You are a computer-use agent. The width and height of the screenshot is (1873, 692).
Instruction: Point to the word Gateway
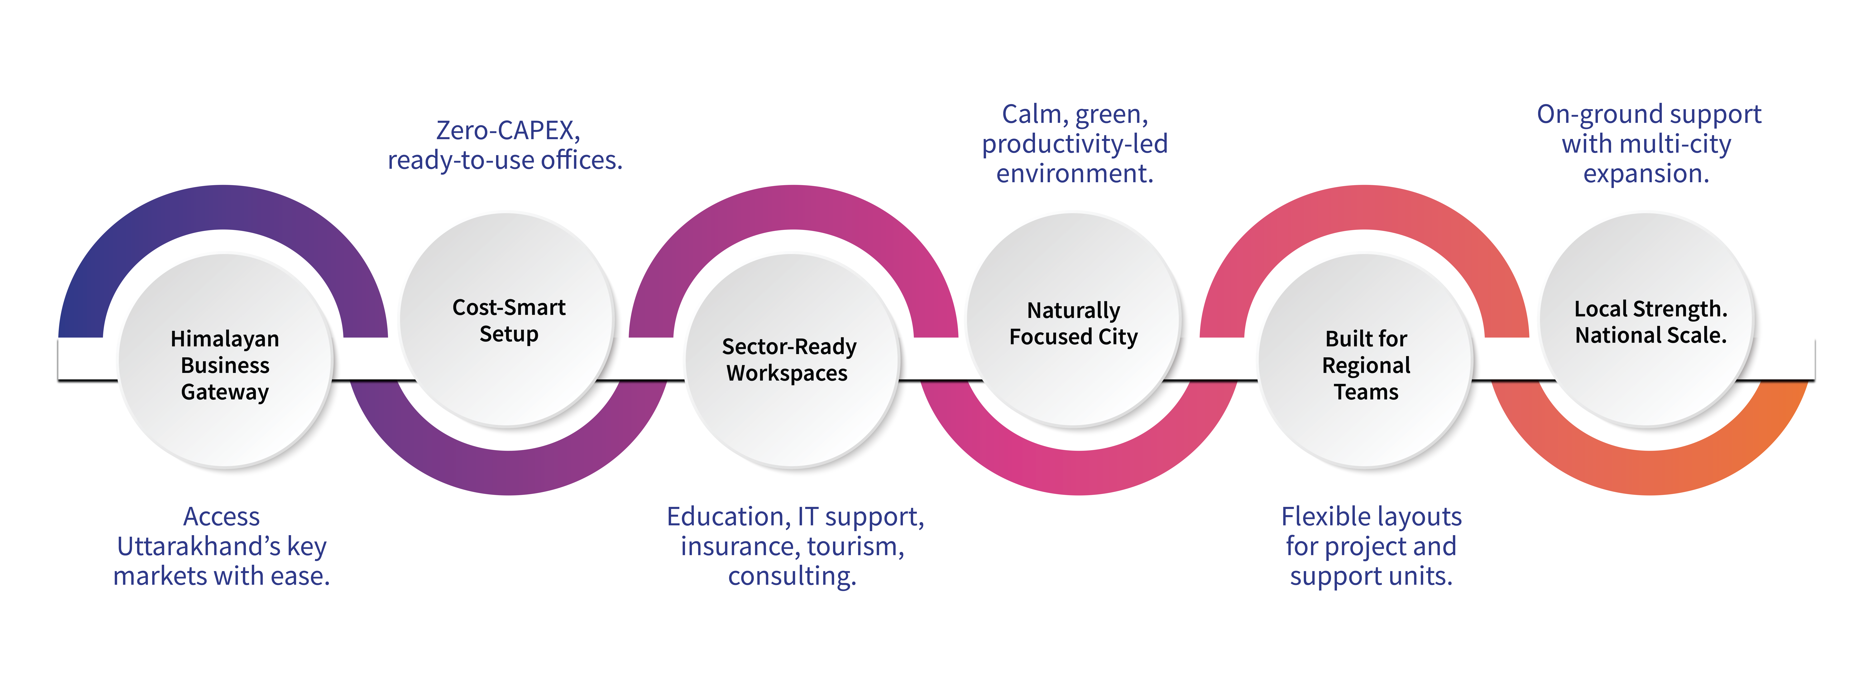[225, 392]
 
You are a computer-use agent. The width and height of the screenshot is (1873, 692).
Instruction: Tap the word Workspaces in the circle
[787, 373]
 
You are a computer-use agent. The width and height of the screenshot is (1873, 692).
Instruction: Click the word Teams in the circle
[1365, 392]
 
